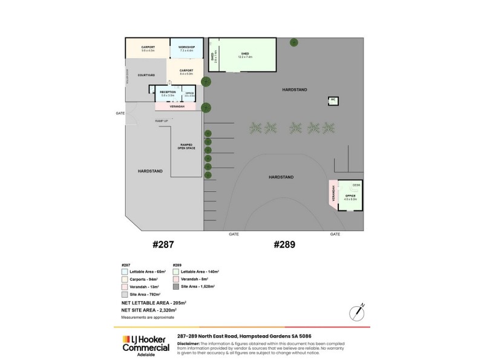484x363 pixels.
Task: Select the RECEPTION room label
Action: (168, 92)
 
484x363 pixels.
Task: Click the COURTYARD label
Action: (146, 75)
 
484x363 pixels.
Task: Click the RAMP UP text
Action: (162, 121)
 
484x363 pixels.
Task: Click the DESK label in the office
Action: (356, 185)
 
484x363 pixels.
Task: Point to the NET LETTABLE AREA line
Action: (153, 302)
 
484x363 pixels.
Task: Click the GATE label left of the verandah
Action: (120, 113)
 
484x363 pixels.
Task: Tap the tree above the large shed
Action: (293, 42)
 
